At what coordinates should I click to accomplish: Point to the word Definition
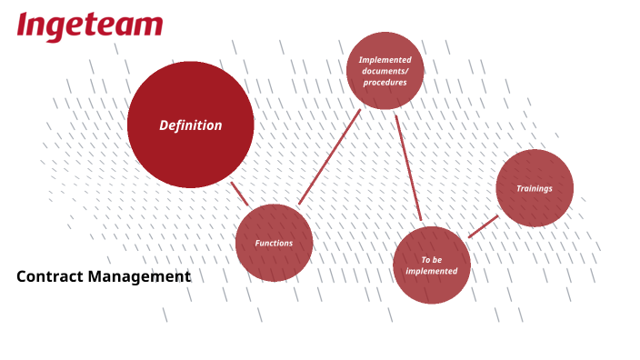191,125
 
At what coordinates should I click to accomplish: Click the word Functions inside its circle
274,243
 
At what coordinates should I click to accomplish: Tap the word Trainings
535,188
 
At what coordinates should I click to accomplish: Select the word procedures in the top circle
385,82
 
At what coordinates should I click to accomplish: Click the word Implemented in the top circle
385,60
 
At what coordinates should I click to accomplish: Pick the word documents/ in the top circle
385,71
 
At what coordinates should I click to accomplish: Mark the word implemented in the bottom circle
432,271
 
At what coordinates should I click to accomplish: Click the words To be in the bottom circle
432,260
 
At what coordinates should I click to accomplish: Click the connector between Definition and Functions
239,194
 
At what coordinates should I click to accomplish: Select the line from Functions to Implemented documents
329,157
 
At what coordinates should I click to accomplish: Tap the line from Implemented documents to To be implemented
408,167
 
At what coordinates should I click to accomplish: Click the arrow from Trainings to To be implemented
484,226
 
